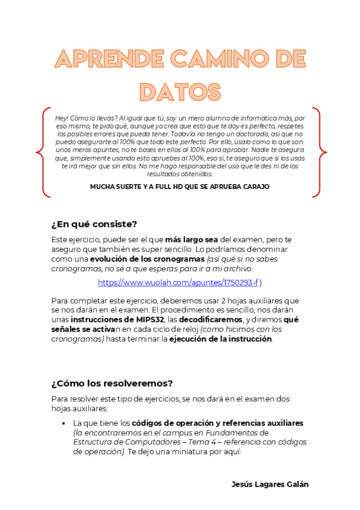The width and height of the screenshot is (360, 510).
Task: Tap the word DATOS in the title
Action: click(180, 91)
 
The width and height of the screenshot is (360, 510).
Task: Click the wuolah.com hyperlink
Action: click(177, 282)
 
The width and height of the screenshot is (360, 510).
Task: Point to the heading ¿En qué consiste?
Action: click(94, 224)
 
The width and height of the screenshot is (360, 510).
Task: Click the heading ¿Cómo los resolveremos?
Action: click(112, 383)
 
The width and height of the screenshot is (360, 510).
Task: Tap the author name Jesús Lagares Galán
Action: click(270, 484)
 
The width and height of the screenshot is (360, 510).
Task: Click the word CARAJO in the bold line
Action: click(255, 186)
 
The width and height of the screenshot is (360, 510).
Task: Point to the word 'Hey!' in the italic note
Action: click(62, 118)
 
